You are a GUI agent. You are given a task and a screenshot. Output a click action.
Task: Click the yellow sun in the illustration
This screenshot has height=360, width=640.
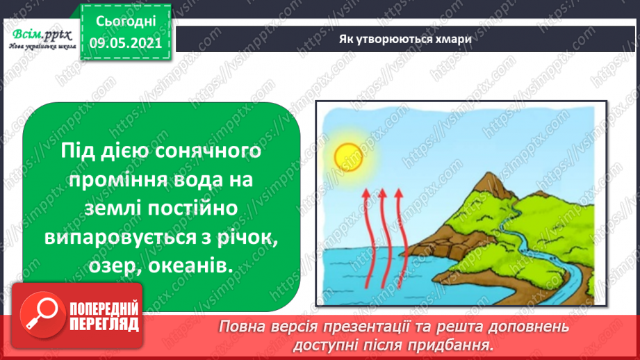pos(348,157)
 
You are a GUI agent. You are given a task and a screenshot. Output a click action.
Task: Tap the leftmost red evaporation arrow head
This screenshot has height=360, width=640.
pos(366,193)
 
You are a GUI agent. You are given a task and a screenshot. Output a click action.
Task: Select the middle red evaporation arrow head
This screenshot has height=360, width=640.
pos(382,193)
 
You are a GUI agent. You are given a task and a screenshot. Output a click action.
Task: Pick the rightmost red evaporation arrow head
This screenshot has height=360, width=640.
pos(399,193)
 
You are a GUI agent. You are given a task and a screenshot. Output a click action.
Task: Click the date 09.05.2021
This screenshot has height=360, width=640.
pos(126,43)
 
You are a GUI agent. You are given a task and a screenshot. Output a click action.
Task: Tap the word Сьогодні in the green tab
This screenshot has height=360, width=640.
pos(126,22)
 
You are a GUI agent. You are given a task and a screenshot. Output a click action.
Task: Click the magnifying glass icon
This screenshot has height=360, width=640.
pos(42,315)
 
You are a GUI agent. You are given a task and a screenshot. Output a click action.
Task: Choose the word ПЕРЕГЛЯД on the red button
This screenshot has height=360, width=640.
pos(104,324)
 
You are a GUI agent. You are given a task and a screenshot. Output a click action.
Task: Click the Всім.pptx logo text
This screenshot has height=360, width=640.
pos(42,35)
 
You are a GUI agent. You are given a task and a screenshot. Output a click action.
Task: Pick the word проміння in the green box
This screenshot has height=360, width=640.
pos(115,180)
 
